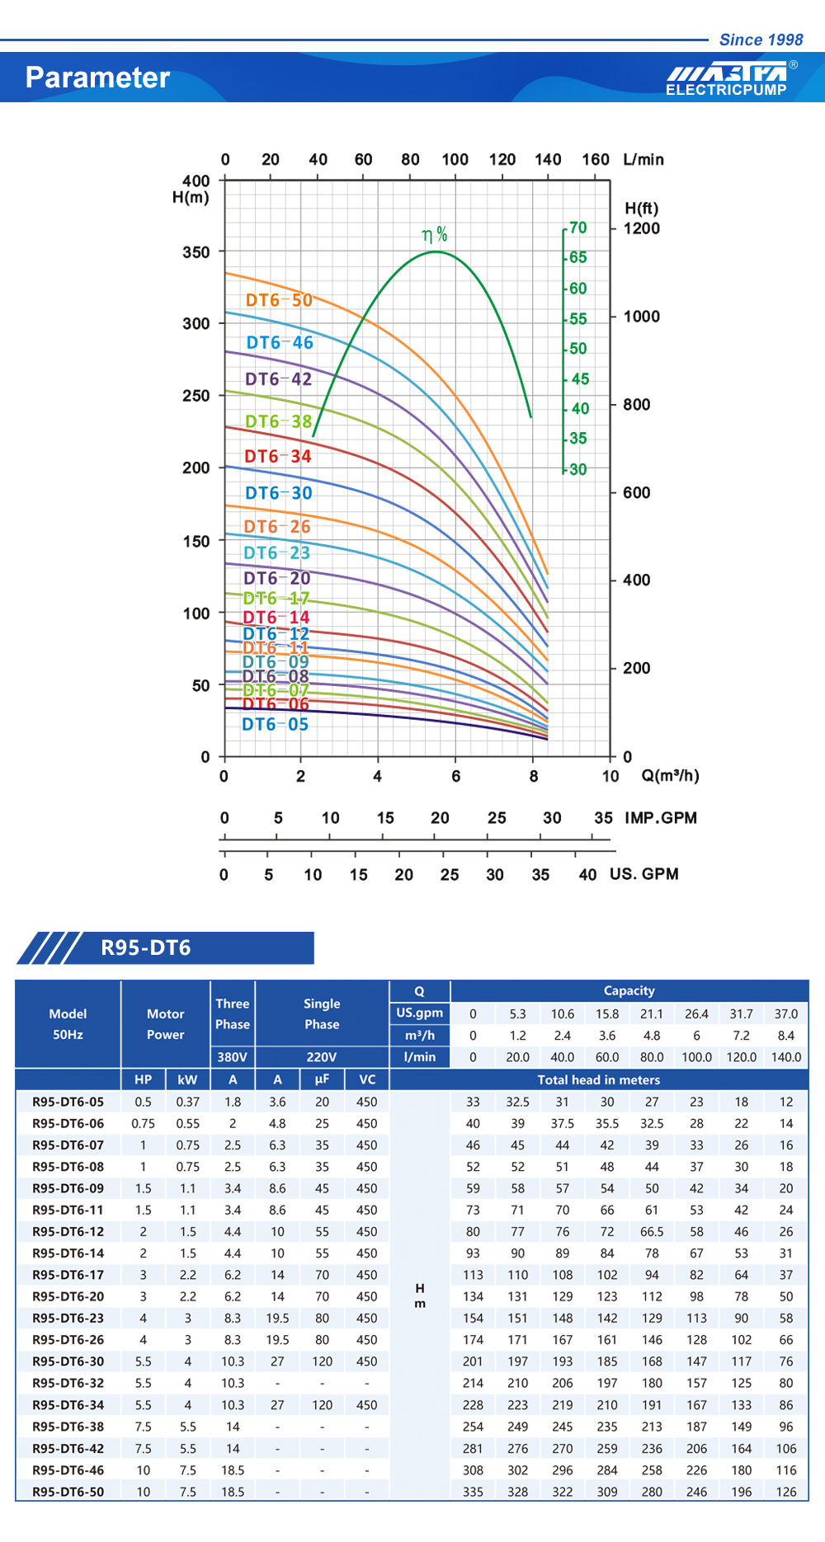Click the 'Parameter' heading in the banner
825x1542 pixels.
[x=97, y=78]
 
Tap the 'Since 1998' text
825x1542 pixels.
[x=761, y=40]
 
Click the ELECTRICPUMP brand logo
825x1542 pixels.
[x=727, y=79]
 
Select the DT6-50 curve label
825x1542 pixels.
[x=279, y=300]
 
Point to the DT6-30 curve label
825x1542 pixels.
[x=279, y=493]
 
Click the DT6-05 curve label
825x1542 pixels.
[x=275, y=725]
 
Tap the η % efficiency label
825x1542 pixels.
[x=435, y=235]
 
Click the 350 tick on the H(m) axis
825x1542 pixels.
[x=196, y=252]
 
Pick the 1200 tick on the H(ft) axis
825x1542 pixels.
[x=641, y=228]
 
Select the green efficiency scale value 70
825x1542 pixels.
[x=578, y=228]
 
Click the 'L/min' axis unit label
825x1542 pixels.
[x=643, y=159]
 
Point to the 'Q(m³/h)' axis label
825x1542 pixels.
[x=670, y=776]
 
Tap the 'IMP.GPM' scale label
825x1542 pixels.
[x=661, y=818]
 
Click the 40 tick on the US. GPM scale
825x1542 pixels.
[x=587, y=875]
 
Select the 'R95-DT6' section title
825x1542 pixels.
[x=146, y=948]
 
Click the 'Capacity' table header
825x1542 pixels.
[x=629, y=991]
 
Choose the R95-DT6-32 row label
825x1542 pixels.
[x=68, y=1384]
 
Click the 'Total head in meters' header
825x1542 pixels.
[x=599, y=1080]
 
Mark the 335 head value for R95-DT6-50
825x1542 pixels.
[x=473, y=1492]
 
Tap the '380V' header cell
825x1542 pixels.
[x=233, y=1057]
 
